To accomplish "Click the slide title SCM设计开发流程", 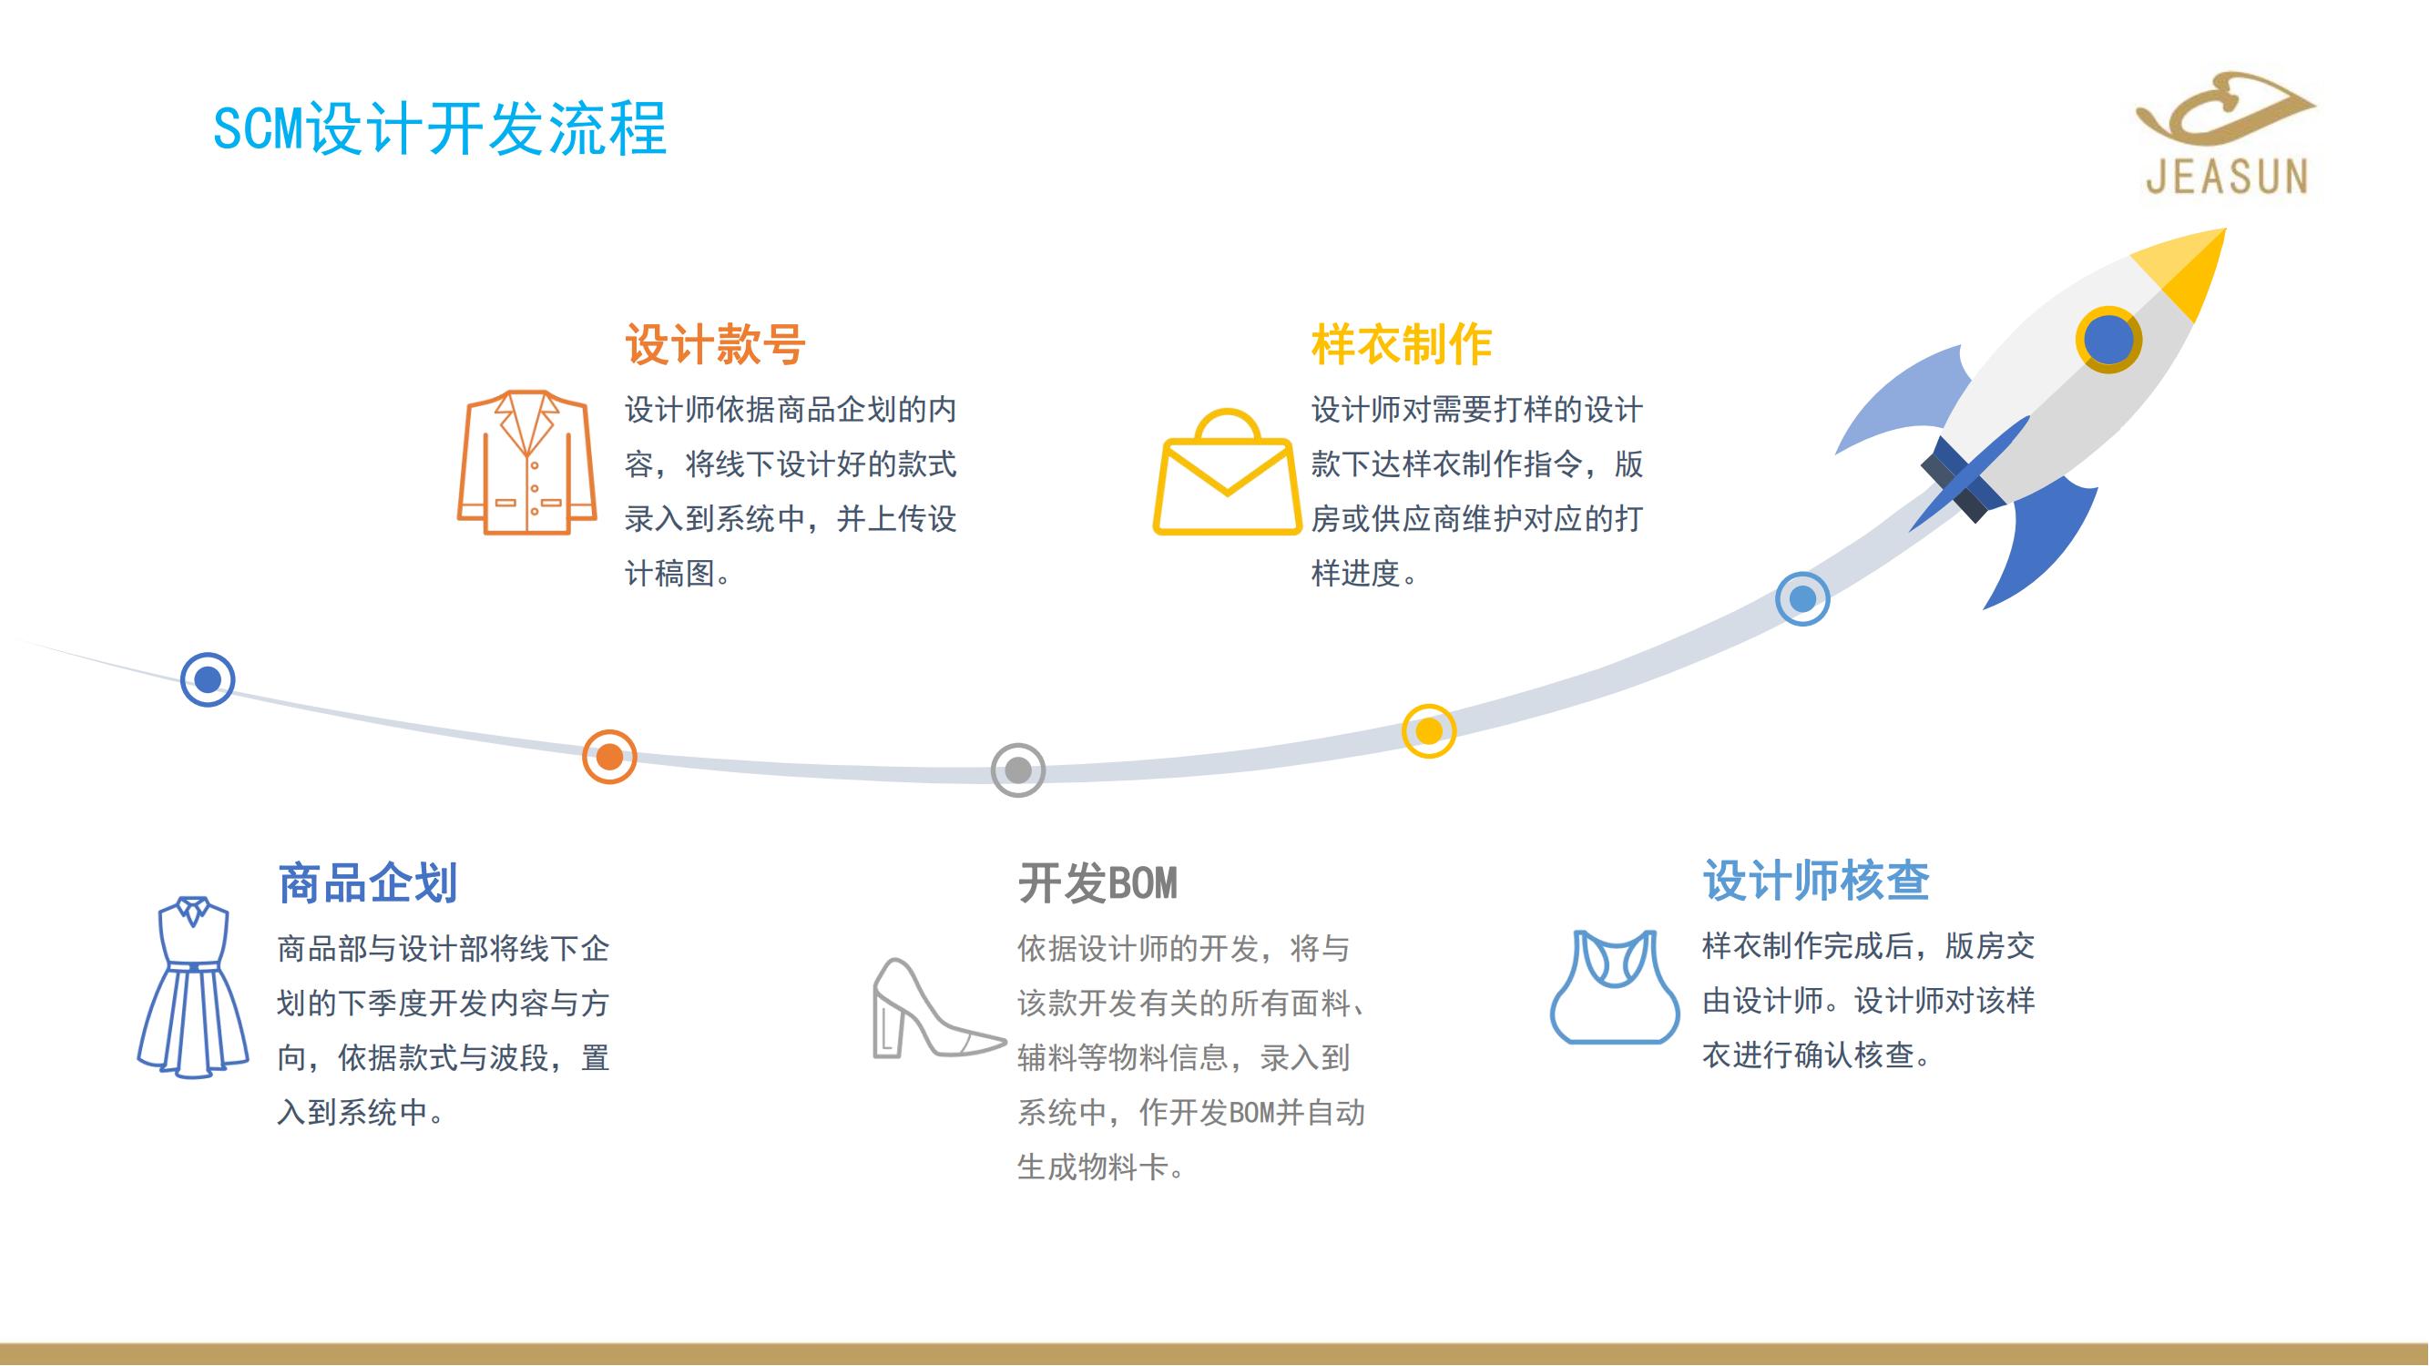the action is [x=440, y=128].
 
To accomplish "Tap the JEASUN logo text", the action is [x=2227, y=177].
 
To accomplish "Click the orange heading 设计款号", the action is [x=715, y=344].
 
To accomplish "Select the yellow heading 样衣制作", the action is [x=1401, y=344].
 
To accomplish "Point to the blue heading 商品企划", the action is [x=368, y=883].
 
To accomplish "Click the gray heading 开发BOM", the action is [x=1097, y=883].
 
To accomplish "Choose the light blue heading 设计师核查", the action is [x=1816, y=881].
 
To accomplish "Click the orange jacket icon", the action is [x=527, y=462].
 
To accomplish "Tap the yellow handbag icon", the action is [x=1227, y=472].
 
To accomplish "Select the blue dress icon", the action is [x=193, y=987].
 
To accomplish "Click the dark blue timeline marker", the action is [x=208, y=678].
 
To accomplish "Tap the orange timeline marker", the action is [x=609, y=756].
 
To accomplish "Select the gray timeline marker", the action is [x=1018, y=770].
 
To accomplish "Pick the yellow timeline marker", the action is [x=1429, y=730].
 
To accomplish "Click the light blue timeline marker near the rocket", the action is [x=1803, y=598].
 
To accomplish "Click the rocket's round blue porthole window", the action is [x=2108, y=340].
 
